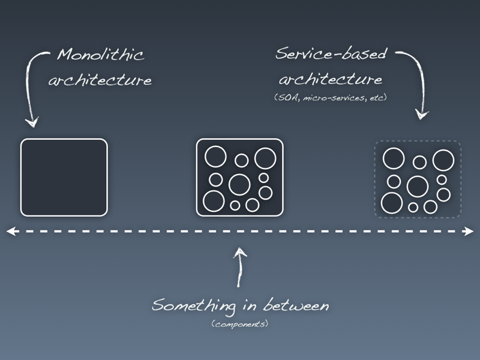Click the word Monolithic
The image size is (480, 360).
101,56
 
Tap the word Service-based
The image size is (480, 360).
331,55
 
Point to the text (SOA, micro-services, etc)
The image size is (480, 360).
331,97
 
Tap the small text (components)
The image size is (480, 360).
239,324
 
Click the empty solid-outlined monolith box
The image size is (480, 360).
64,177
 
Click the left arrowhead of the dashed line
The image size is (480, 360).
10,231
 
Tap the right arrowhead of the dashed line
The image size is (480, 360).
469,231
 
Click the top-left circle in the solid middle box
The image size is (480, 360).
215,157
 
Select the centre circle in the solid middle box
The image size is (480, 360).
239,184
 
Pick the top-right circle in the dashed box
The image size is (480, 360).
443,160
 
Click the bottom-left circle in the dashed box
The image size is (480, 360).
391,203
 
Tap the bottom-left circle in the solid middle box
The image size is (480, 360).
213,201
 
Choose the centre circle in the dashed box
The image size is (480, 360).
417,186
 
